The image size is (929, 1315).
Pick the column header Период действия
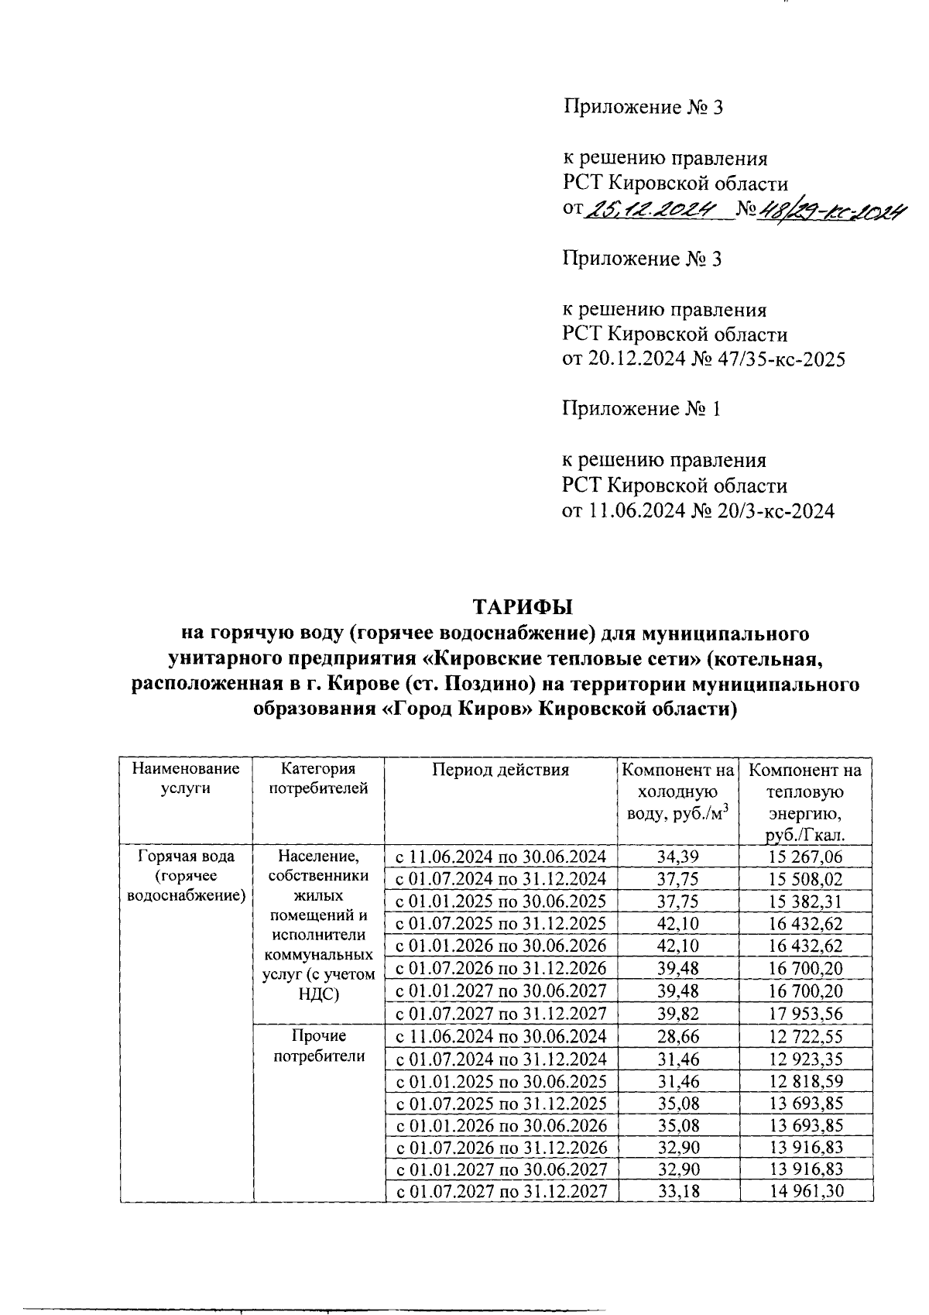click(501, 770)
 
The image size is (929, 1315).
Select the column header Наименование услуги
click(186, 779)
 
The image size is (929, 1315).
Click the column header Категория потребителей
click(318, 779)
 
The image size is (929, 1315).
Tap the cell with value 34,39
click(678, 857)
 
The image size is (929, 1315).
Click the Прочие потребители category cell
click(318, 1046)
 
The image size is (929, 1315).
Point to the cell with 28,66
click(678, 1036)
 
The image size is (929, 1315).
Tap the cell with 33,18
click(678, 1191)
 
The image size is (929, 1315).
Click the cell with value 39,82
click(678, 1014)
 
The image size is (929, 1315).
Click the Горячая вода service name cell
click(186, 876)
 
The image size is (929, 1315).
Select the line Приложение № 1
click(642, 409)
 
